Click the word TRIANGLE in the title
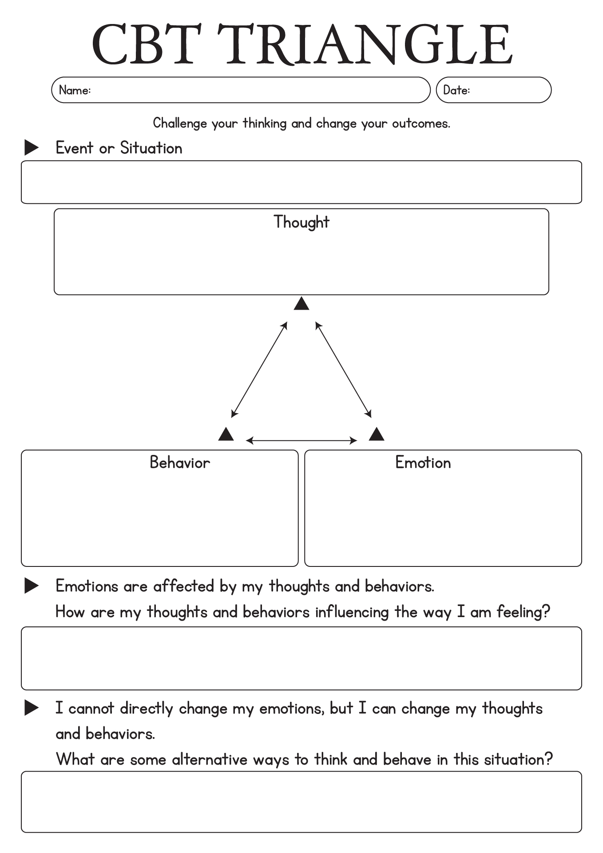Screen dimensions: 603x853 tap(365, 44)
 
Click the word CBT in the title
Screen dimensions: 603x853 tap(147, 44)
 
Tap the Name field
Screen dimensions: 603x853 tap(241, 90)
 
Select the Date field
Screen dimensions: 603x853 tap(494, 90)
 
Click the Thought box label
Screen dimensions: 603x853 tap(301, 222)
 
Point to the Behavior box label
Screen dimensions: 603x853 tap(180, 462)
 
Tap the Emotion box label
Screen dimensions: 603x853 tap(423, 462)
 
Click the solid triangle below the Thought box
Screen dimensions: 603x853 tap(301, 304)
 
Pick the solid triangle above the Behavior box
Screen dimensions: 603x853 tap(226, 434)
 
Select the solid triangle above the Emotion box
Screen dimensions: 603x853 tap(377, 434)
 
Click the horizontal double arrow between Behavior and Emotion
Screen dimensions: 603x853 tap(301, 441)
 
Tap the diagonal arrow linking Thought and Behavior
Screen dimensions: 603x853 tap(259, 370)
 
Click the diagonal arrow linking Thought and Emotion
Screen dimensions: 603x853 tap(343, 370)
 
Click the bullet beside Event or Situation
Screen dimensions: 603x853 tap(31, 147)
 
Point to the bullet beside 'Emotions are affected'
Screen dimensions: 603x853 tap(31, 586)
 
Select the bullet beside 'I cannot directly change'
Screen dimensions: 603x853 tap(31, 708)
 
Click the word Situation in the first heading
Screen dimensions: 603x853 tap(151, 148)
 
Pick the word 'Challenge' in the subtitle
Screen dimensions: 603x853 tap(180, 123)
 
